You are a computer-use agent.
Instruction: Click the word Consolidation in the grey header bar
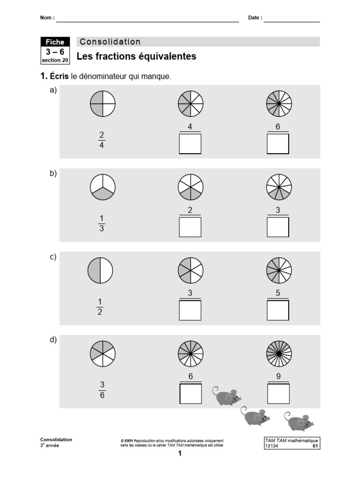pyautogui.click(x=110, y=42)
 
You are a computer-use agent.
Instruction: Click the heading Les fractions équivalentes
pyautogui.click(x=136, y=57)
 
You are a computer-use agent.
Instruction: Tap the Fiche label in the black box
pyautogui.click(x=55, y=42)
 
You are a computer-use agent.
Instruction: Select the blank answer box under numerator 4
pyautogui.click(x=190, y=144)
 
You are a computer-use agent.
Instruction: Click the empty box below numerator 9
pyautogui.click(x=278, y=394)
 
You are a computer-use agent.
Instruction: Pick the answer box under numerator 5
pyautogui.click(x=278, y=310)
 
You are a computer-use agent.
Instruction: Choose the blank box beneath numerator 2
pyautogui.click(x=190, y=227)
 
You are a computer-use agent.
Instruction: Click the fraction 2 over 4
pyautogui.click(x=102, y=140)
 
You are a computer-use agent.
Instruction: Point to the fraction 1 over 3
pyautogui.click(x=102, y=224)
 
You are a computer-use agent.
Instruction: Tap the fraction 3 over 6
pyautogui.click(x=102, y=390)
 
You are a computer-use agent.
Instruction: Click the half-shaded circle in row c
pyautogui.click(x=100, y=271)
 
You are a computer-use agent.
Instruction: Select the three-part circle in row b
pyautogui.click(x=102, y=187)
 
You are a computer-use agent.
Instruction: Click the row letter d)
pyautogui.click(x=53, y=340)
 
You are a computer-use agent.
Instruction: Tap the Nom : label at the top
pyautogui.click(x=47, y=18)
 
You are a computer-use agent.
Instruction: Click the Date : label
pyautogui.click(x=255, y=18)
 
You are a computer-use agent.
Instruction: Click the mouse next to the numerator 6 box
pyautogui.click(x=227, y=397)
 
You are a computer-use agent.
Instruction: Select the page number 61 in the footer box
pyautogui.click(x=315, y=446)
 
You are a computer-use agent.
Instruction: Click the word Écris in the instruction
pyautogui.click(x=60, y=76)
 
